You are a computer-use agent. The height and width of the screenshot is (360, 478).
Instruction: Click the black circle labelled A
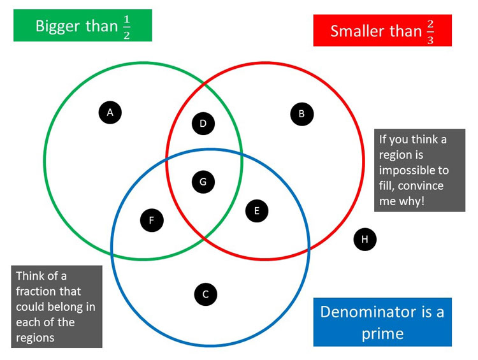[x=110, y=112]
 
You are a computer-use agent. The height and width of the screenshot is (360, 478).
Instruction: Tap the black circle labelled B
[x=301, y=114]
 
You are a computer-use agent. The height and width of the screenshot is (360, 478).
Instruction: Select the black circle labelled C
[x=205, y=294]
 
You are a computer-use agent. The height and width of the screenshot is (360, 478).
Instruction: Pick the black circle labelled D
[x=203, y=124]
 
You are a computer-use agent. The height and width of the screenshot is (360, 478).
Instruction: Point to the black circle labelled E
[x=257, y=211]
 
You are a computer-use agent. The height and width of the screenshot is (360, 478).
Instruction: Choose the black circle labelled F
[x=152, y=220]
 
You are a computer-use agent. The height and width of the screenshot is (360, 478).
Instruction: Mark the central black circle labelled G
[x=203, y=182]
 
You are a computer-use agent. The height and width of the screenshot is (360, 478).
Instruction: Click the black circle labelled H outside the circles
[x=365, y=239]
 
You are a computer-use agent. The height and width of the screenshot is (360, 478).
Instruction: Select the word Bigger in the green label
[x=58, y=26]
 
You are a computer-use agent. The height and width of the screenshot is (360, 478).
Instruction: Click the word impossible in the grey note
[x=414, y=170]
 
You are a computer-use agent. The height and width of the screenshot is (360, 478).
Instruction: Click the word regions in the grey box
[x=35, y=337]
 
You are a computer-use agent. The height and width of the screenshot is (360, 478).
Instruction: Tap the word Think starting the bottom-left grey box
[x=31, y=276]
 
